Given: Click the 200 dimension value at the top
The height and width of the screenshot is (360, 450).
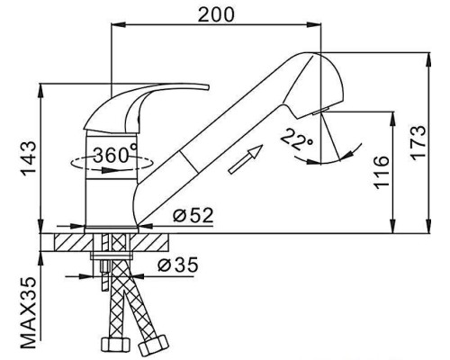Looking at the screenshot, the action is [x=216, y=14].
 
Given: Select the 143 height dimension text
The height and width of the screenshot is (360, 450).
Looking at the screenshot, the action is [x=29, y=158].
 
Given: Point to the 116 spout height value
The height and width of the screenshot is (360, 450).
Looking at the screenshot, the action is [x=381, y=173].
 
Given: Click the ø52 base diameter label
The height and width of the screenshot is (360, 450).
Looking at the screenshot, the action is [x=193, y=215].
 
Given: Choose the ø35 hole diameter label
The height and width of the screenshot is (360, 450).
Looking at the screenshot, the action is [x=178, y=265].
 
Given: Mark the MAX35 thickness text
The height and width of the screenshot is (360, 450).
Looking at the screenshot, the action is [x=29, y=313].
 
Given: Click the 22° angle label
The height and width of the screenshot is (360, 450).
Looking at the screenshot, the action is [x=297, y=139].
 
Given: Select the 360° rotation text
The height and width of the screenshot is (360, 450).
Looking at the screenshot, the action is [x=115, y=155].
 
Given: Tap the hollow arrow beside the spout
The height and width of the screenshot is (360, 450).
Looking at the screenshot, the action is [x=246, y=159].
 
